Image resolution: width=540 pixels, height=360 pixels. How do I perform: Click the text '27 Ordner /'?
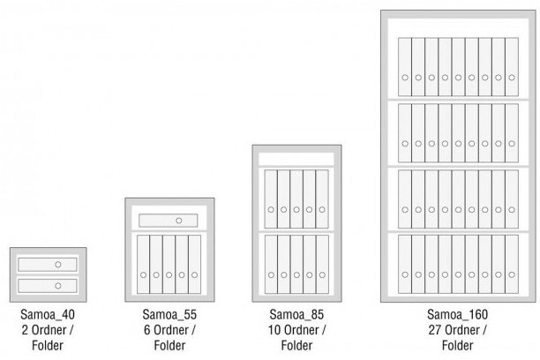[457, 330]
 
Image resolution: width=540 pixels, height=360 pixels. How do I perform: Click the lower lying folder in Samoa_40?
[48, 285]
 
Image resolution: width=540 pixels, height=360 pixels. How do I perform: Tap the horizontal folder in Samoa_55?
[169, 220]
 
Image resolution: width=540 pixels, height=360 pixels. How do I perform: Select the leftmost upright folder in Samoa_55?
[144, 264]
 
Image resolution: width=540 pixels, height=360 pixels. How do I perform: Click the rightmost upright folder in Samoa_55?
[194, 264]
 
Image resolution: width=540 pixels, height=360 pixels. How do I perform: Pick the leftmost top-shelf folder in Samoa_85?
[271, 199]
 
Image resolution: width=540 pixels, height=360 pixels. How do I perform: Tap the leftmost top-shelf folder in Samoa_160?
[405, 67]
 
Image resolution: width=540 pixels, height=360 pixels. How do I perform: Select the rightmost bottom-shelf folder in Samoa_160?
[511, 264]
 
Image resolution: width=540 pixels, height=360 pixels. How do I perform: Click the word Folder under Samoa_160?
[457, 345]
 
